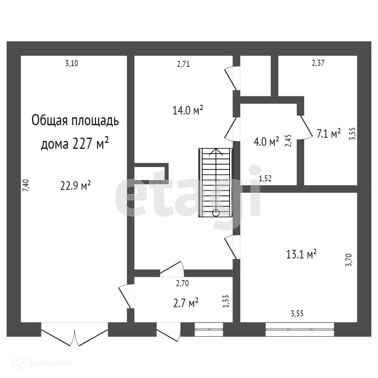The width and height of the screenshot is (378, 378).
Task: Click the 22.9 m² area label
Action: (x=76, y=185)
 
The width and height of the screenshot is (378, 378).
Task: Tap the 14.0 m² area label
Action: (x=188, y=111)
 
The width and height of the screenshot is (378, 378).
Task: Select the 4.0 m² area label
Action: (x=266, y=141)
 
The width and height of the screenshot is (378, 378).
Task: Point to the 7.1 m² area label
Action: (x=329, y=134)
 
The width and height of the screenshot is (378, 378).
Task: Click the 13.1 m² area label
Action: (x=301, y=254)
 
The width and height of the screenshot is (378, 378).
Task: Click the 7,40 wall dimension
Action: (x=26, y=185)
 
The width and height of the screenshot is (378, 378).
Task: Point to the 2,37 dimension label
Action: (x=318, y=63)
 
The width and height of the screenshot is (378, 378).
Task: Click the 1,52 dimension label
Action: (x=265, y=178)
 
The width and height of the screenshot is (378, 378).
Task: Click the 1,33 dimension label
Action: (x=226, y=301)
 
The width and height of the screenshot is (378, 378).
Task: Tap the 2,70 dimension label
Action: (x=182, y=283)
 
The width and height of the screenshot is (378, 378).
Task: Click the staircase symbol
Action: (x=216, y=182)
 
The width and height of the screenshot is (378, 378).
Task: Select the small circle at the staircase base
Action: (x=216, y=212)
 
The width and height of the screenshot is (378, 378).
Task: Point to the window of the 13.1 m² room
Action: (x=300, y=329)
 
